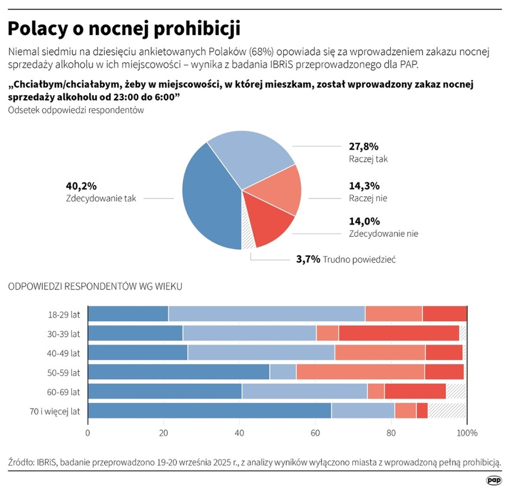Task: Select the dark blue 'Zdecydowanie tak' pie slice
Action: (x=209, y=201)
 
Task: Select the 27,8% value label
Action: (x=363, y=147)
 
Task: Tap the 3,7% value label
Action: (x=308, y=259)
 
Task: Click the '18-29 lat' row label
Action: (x=64, y=314)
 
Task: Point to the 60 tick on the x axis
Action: (x=315, y=433)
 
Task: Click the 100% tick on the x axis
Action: (x=467, y=433)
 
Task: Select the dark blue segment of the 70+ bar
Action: (x=210, y=411)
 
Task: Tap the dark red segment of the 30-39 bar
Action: (x=399, y=333)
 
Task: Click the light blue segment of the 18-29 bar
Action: (x=266, y=314)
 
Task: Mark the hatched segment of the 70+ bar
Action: (x=447, y=411)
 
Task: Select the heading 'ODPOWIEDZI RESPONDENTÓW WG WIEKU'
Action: (x=95, y=287)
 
